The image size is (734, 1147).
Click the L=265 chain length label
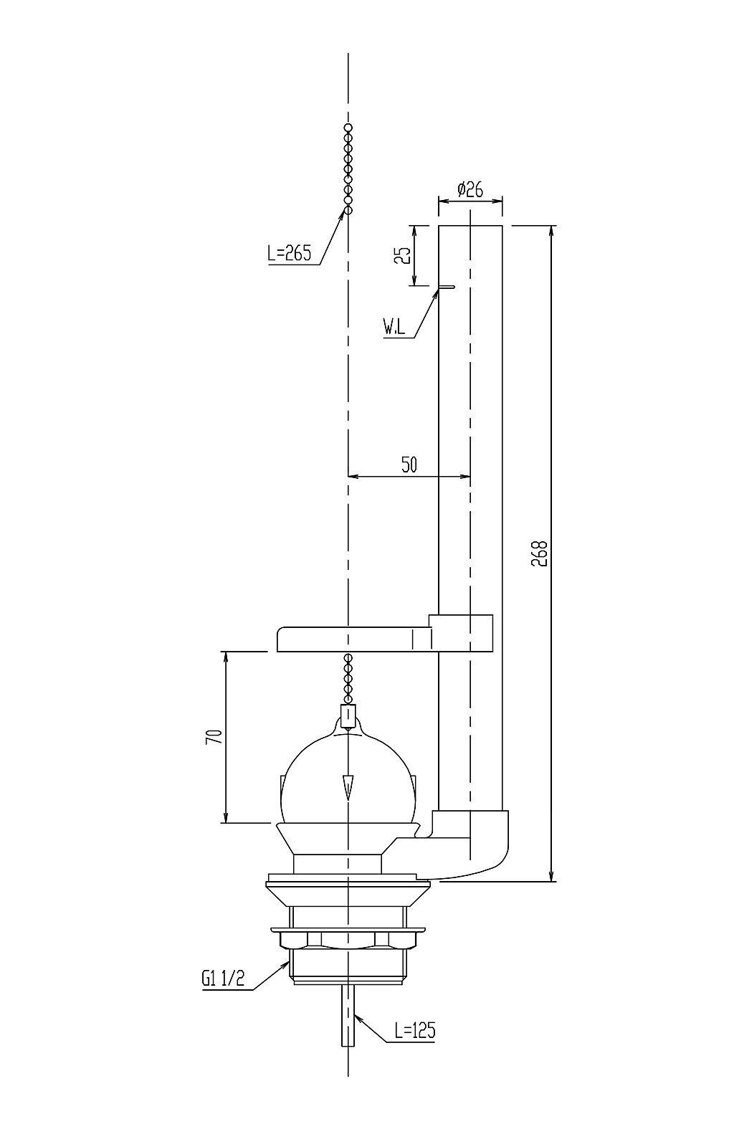coord(289,253)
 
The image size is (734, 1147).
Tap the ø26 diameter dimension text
coord(470,190)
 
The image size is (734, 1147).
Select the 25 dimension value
coord(404,255)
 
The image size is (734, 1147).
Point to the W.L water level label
coord(394,327)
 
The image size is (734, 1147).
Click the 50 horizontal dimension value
coord(409,465)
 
